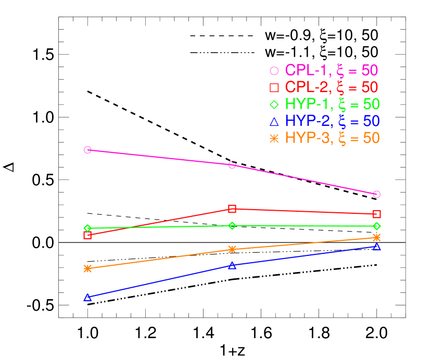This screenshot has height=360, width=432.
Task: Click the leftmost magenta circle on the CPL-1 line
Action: [x=87, y=150]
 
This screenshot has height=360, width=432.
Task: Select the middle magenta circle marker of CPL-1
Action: [x=232, y=165]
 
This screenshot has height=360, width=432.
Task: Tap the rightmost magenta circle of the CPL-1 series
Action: [x=377, y=194]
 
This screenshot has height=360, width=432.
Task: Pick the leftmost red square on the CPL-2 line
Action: [x=87, y=235]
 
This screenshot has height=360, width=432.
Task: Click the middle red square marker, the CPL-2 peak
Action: [x=232, y=209]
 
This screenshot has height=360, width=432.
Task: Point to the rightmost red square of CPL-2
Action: [x=377, y=214]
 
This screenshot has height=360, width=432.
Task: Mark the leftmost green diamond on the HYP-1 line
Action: [x=87, y=228]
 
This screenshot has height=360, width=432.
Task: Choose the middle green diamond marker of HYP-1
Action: [x=232, y=225]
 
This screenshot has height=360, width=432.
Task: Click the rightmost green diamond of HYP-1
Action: [x=377, y=226]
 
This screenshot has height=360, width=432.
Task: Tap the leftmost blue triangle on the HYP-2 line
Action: [x=87, y=298]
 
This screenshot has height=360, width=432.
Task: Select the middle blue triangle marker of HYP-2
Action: [x=232, y=265]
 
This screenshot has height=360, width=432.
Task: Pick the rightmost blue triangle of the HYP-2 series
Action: [x=377, y=247]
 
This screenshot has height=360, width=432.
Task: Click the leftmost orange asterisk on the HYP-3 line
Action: [x=87, y=268]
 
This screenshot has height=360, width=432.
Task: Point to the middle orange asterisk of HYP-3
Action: [x=232, y=250]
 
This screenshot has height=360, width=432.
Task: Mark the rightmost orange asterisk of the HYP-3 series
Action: [x=377, y=237]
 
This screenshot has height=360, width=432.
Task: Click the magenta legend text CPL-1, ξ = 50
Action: [x=331, y=70]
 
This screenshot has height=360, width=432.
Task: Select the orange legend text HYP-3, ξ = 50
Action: [x=332, y=138]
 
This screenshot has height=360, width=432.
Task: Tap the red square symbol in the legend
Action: [x=274, y=87]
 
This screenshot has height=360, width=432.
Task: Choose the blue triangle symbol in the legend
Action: [x=274, y=122]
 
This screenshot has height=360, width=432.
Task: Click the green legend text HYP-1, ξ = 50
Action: [x=332, y=104]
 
